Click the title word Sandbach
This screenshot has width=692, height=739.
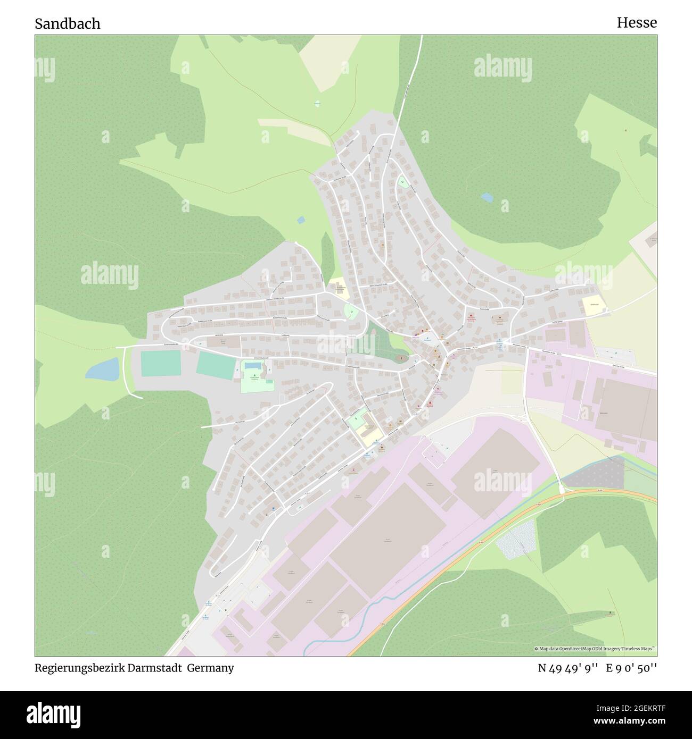coord(68,24)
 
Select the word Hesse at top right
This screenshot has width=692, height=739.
coord(637,23)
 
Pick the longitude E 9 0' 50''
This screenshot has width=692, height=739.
coord(631,668)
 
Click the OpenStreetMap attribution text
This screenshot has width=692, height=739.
coord(595,649)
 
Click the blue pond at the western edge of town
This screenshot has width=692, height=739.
coord(102,369)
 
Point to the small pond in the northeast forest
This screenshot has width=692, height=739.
coord(487,198)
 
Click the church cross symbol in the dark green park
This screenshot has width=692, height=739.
coord(401,359)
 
